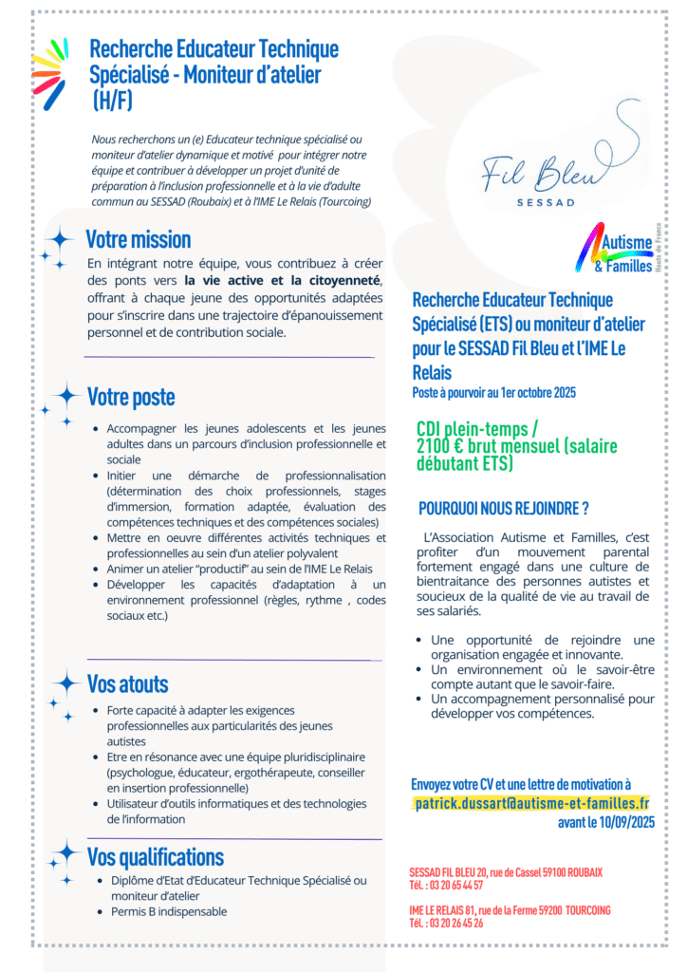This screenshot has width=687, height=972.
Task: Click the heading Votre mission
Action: click(139, 238)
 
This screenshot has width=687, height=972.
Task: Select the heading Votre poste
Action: click(131, 396)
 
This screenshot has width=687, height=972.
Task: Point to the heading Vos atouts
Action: click(127, 683)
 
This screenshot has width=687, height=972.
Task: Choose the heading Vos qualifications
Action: click(156, 856)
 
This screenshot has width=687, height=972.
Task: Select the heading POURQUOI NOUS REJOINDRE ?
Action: click(504, 508)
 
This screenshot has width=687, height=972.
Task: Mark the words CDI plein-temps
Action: click(474, 429)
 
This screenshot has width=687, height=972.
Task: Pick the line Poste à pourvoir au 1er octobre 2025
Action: click(493, 392)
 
